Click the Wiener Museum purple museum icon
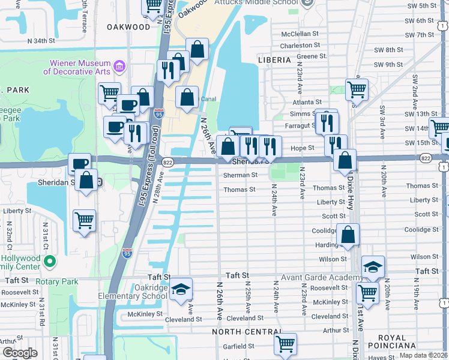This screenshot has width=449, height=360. point(119,65)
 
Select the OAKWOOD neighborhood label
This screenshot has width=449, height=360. point(128,27)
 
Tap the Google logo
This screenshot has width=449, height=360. point(20,353)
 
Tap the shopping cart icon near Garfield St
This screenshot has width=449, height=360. point(285,344)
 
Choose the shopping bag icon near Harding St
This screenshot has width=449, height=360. point(348,235)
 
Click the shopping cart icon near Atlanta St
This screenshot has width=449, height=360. point(357,90)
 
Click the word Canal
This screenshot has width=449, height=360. point(207,99)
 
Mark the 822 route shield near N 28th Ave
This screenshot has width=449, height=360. point(167,163)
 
